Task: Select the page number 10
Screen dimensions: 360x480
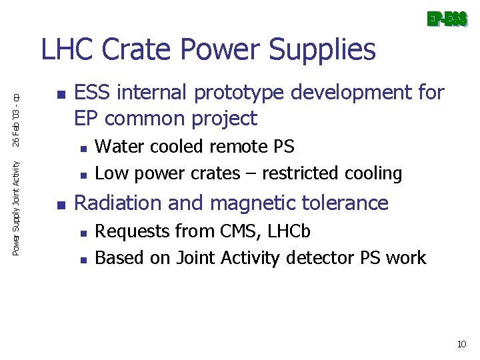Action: [x=461, y=344]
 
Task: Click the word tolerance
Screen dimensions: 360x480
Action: [x=350, y=203]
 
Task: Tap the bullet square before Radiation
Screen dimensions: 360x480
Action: [x=59, y=203]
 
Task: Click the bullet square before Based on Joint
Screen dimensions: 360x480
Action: [x=81, y=259]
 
